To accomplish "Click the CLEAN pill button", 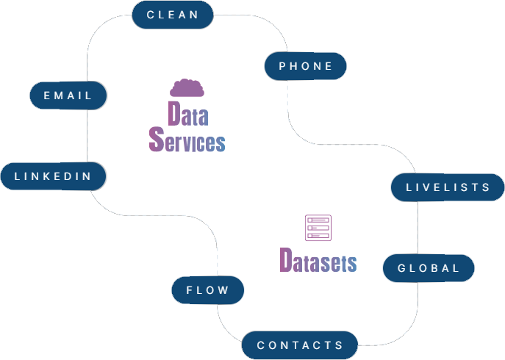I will pos(173,15).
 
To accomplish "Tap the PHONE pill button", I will pos(306,66).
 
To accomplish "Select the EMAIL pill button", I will pos(68,96).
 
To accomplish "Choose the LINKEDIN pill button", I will pos(53,176).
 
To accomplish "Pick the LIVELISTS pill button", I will pos(448,187).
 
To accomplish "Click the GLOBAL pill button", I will pos(429,268).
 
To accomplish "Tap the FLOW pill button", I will pos(207,290).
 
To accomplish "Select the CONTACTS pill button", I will pos(300,345).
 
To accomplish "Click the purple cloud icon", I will pos(187,88).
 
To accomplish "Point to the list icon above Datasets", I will pos(318,227).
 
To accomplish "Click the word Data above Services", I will pos(187,114).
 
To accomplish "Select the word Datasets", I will pos(318,261).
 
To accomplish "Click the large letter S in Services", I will pos(156,140).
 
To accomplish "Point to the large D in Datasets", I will pos(287,260).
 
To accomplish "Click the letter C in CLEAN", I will pos(151,15).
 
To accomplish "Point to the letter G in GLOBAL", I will pos(402,268).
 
